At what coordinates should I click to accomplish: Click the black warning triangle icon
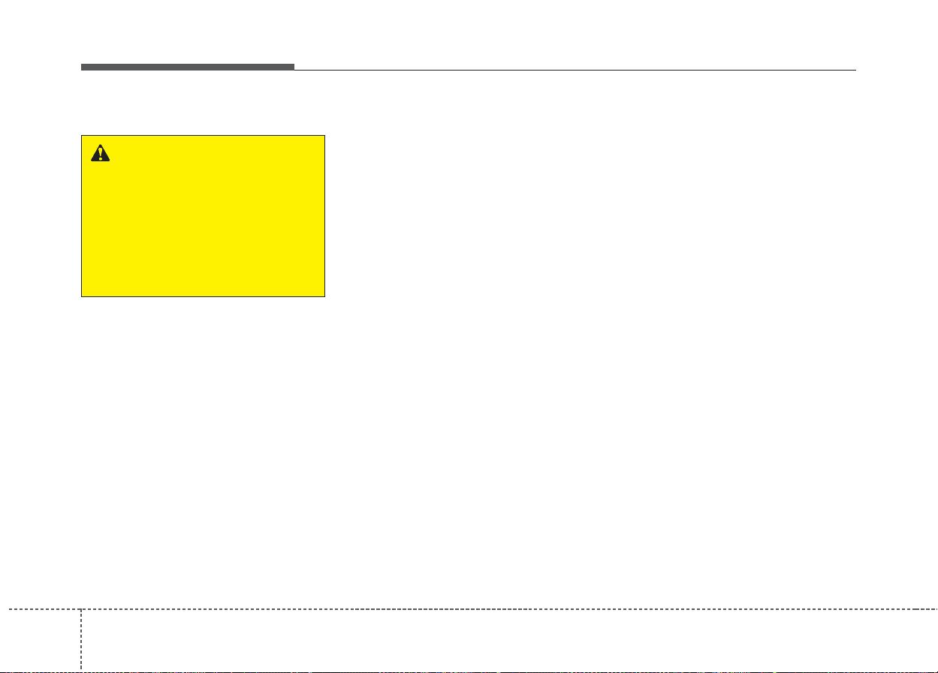pos(99,153)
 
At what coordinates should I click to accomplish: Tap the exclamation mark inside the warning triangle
pos(99,155)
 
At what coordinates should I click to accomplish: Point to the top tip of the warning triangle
pos(99,145)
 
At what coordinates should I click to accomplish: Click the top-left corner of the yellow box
pos(81,136)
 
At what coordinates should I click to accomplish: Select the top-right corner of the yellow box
pos(324,136)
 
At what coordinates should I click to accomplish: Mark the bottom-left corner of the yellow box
pos(81,296)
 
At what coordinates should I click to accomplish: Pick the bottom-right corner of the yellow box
pos(324,296)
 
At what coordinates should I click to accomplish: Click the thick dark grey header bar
pos(188,67)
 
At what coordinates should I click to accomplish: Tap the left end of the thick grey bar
pos(82,67)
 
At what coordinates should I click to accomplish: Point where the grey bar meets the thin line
pos(294,68)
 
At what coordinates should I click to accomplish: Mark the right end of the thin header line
pos(855,70)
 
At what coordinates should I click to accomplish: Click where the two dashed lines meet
pos(81,609)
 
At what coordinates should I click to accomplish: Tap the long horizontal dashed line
pos(511,609)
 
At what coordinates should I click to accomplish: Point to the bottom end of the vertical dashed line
pos(81,670)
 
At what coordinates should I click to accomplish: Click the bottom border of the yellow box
pos(203,296)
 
